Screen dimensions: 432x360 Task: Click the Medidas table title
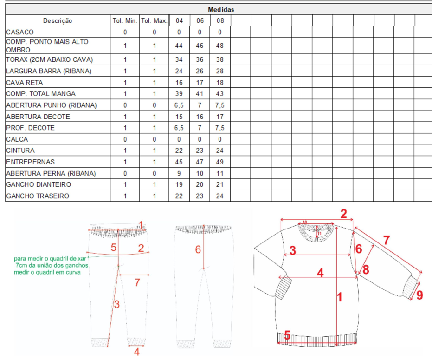point(221,10)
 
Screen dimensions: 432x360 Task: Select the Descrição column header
point(58,21)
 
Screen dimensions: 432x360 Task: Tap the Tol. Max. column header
point(154,21)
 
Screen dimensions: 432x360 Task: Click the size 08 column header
point(220,21)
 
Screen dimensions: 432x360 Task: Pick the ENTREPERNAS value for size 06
point(200,162)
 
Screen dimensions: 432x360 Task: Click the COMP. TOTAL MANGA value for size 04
point(179,94)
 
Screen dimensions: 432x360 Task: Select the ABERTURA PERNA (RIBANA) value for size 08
point(219,174)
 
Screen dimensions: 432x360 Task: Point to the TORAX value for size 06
point(200,59)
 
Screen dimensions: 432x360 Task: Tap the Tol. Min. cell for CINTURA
point(125,151)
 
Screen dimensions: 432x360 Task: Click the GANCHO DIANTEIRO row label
point(39,184)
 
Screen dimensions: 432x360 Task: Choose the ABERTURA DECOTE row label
point(38,117)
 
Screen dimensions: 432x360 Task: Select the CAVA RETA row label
point(25,83)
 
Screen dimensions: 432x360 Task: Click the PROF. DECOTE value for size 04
point(179,128)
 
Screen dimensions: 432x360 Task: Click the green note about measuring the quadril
point(51,265)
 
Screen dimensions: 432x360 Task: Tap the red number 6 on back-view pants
point(198,249)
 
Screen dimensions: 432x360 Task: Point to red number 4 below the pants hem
point(136,352)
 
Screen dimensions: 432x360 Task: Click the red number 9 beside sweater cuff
point(419,295)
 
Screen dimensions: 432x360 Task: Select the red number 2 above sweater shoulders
point(343,214)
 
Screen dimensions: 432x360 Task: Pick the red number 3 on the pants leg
point(117,304)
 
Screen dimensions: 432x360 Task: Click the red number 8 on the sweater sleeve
point(366,269)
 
